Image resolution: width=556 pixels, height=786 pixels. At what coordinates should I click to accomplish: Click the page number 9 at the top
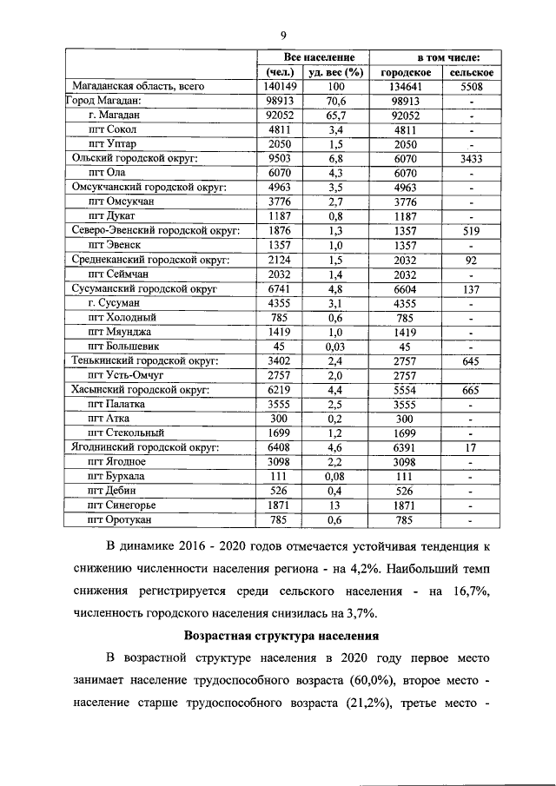pyautogui.click(x=283, y=35)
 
